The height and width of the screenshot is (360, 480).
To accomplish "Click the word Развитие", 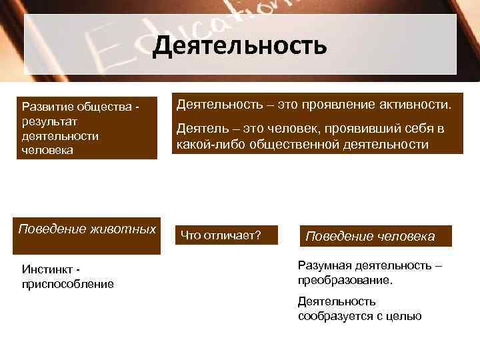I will pyautogui.click(x=47, y=107).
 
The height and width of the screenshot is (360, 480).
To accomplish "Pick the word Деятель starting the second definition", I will pyautogui.click(x=199, y=129).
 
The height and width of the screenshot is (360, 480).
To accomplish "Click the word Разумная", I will pyautogui.click(x=321, y=266).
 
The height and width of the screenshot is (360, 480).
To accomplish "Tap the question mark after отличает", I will pyautogui.click(x=257, y=235).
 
